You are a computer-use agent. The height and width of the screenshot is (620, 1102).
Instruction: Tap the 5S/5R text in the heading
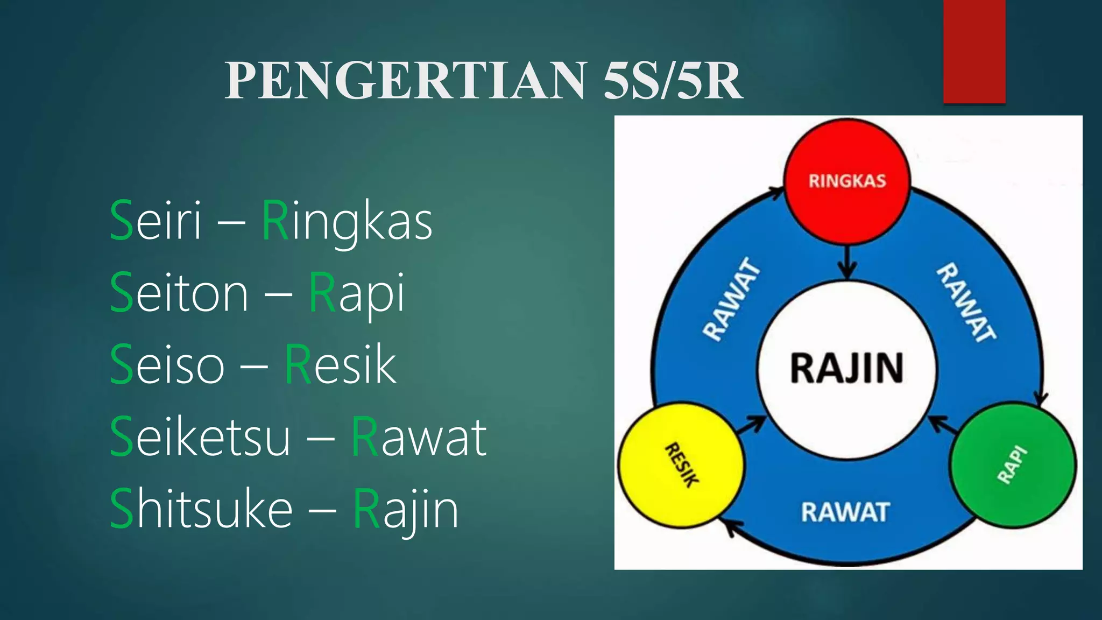[673, 81]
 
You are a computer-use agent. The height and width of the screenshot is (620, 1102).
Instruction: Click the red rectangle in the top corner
[974, 51]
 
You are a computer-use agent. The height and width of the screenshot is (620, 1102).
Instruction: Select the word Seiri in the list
[156, 221]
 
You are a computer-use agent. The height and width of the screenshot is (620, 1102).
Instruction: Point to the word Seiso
[167, 365]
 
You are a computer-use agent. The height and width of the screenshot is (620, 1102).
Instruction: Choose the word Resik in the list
[340, 365]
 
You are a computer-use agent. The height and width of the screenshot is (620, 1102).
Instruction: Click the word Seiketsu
[200, 437]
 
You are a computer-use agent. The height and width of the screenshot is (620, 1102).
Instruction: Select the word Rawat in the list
[419, 437]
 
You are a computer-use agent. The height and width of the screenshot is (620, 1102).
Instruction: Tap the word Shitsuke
[201, 509]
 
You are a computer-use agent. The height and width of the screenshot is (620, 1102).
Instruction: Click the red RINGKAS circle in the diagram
[847, 181]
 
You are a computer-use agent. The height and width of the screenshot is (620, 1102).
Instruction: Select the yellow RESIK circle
[681, 464]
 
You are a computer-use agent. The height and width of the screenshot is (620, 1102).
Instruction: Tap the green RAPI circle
[1013, 464]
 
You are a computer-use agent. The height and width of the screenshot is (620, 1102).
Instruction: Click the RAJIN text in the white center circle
[846, 369]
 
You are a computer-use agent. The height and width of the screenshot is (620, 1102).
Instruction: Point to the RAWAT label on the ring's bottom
[845, 512]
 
